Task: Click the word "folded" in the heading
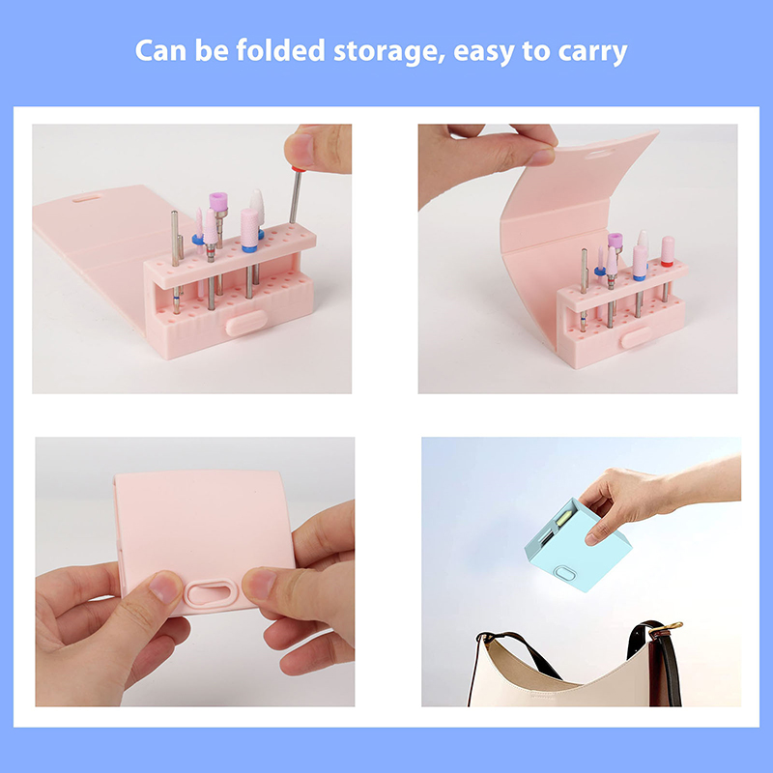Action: (x=280, y=50)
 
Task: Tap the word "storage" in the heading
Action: (x=389, y=52)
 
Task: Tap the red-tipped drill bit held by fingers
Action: (x=296, y=195)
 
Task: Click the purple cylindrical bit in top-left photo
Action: (x=218, y=202)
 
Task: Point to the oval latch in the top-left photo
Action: (x=246, y=323)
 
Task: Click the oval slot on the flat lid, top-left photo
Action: (x=87, y=199)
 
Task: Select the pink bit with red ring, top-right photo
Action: (x=667, y=251)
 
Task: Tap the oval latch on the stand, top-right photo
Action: (x=637, y=337)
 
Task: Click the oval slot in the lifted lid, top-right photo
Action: (x=599, y=154)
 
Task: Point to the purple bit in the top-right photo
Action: (x=615, y=241)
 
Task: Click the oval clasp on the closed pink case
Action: (x=212, y=592)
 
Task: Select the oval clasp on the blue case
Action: (x=564, y=573)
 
